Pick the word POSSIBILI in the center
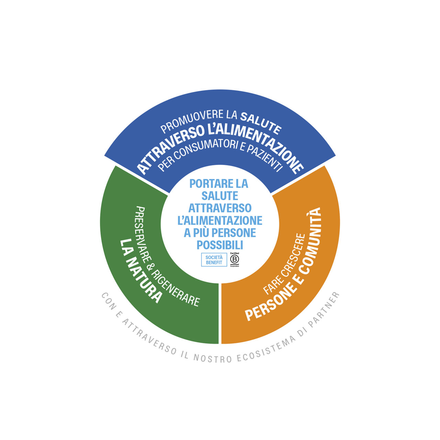(220, 245)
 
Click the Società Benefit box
(214, 260)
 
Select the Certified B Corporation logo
(234, 260)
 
